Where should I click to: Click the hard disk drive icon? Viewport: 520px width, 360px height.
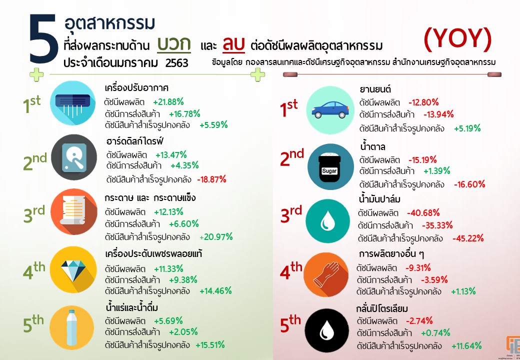74,160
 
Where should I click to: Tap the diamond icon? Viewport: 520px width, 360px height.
74,269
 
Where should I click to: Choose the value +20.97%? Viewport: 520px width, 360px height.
216,237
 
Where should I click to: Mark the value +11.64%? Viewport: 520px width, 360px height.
466,345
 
